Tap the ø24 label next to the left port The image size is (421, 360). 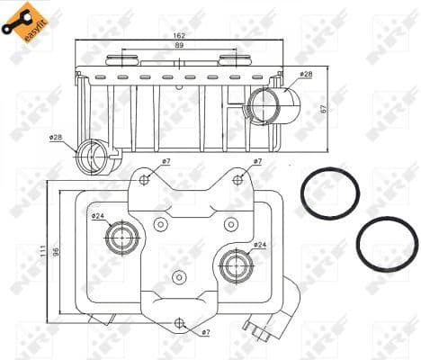[x=96, y=216]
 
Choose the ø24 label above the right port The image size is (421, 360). [x=258, y=245]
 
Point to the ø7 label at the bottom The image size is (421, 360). [x=205, y=333]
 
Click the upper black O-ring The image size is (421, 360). [x=329, y=193]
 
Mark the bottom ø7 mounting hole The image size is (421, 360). [x=180, y=322]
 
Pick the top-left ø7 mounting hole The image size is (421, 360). [x=145, y=179]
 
